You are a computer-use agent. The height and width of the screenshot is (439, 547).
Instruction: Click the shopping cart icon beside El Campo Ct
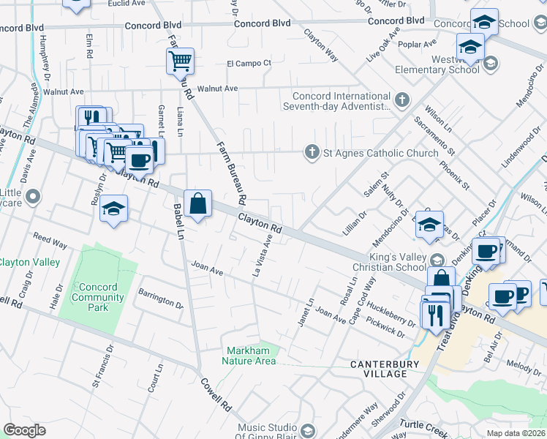(180, 61)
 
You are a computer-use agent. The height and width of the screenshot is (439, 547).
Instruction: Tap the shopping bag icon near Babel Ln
(198, 203)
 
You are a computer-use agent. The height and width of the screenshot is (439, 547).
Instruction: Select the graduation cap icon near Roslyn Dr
(114, 209)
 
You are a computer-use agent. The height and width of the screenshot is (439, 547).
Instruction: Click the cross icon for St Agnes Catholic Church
(312, 152)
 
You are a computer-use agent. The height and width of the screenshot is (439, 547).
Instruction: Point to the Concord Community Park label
(98, 297)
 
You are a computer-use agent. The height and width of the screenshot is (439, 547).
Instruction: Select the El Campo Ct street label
(249, 63)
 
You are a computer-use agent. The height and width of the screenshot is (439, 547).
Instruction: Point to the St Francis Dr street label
(102, 366)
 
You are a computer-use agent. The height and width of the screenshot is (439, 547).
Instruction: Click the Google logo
(24, 430)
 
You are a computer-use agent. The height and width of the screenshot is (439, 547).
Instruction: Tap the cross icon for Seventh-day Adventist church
(401, 98)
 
